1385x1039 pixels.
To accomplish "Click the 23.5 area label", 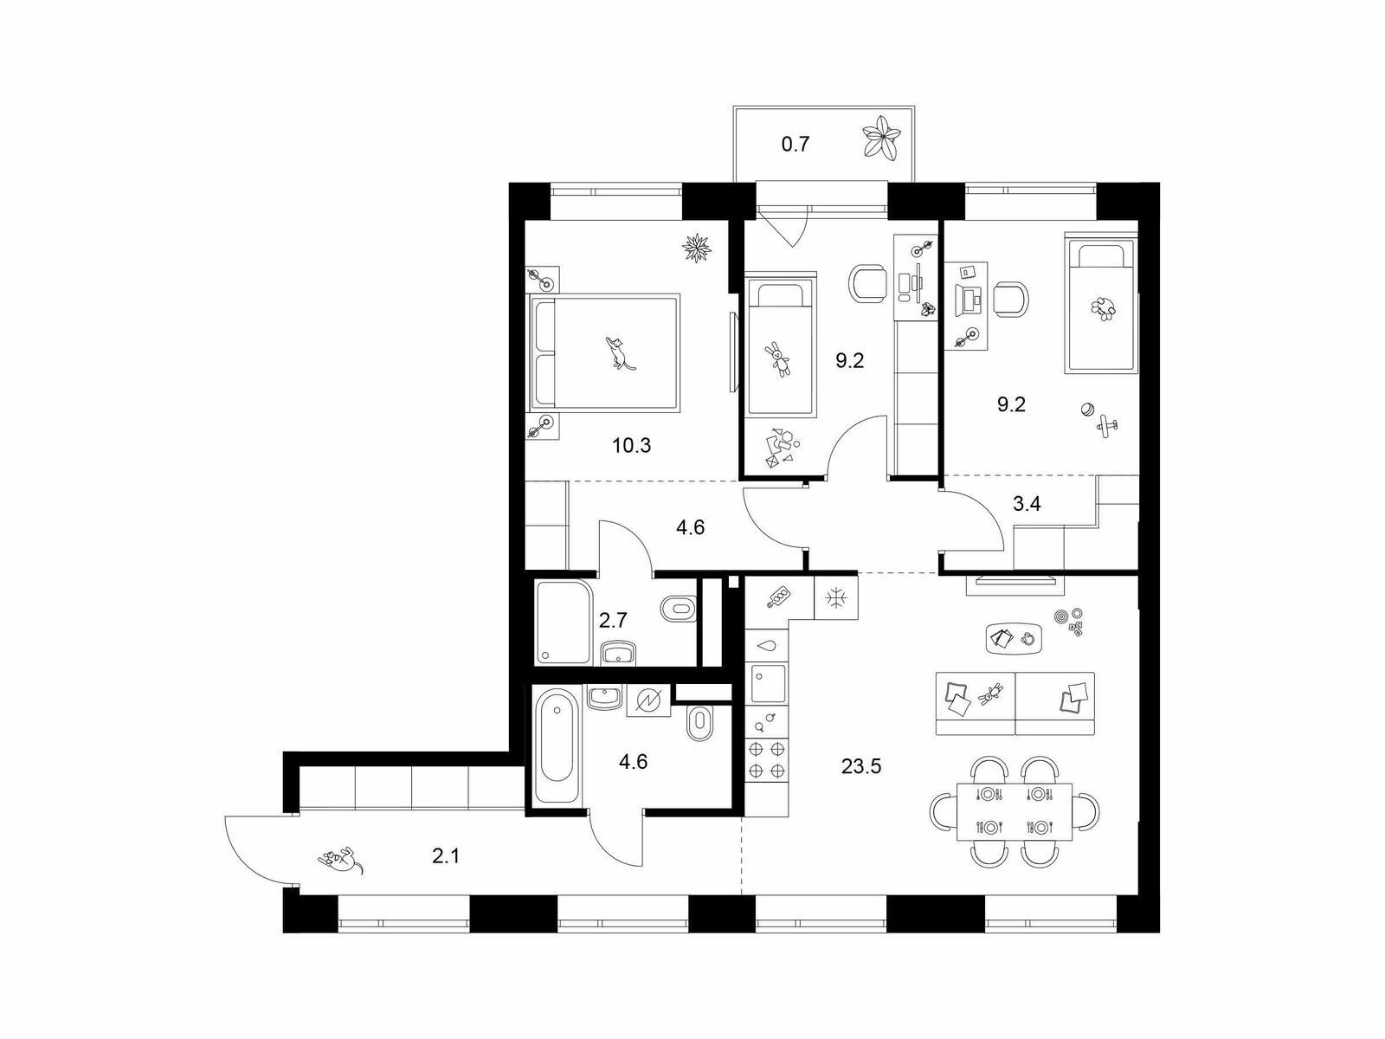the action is coord(861,766).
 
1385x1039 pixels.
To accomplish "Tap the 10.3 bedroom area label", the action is coord(632,446).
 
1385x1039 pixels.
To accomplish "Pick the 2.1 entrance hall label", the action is coord(446,856).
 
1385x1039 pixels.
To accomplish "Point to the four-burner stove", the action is coord(767,760).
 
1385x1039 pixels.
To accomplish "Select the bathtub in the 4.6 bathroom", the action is coord(557,745).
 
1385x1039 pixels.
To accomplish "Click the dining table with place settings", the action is coord(1015,812).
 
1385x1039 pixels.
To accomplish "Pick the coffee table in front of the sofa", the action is coord(1015,639).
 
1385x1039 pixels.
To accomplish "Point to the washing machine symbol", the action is coord(648,700).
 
